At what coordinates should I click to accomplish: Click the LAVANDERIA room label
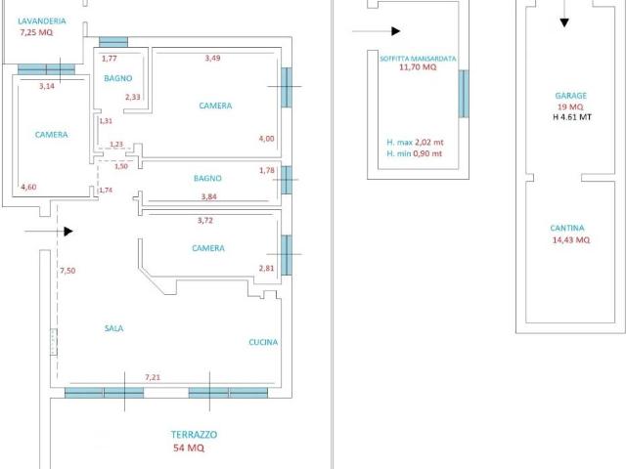click(42, 21)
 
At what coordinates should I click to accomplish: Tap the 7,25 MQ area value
click(36, 32)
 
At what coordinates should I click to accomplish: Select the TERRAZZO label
click(194, 435)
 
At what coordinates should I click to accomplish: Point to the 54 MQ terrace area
click(189, 448)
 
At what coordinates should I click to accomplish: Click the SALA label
click(113, 328)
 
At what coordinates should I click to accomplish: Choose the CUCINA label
click(263, 342)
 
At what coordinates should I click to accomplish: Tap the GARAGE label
click(571, 96)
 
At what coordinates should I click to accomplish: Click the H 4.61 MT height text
click(572, 117)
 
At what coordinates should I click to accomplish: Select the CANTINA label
click(567, 228)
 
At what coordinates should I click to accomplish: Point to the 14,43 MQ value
click(571, 240)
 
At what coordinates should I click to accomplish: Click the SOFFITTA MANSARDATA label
click(418, 59)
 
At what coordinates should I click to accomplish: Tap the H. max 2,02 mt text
click(415, 143)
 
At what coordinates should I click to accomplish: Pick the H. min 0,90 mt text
click(415, 153)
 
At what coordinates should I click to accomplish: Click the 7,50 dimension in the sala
click(67, 271)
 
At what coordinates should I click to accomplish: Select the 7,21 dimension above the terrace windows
click(153, 377)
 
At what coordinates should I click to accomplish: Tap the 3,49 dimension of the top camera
click(213, 59)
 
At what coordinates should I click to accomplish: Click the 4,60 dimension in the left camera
click(28, 187)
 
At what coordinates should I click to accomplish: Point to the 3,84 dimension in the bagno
click(209, 196)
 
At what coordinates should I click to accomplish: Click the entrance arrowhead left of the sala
click(68, 232)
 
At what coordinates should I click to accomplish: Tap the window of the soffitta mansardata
click(463, 94)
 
